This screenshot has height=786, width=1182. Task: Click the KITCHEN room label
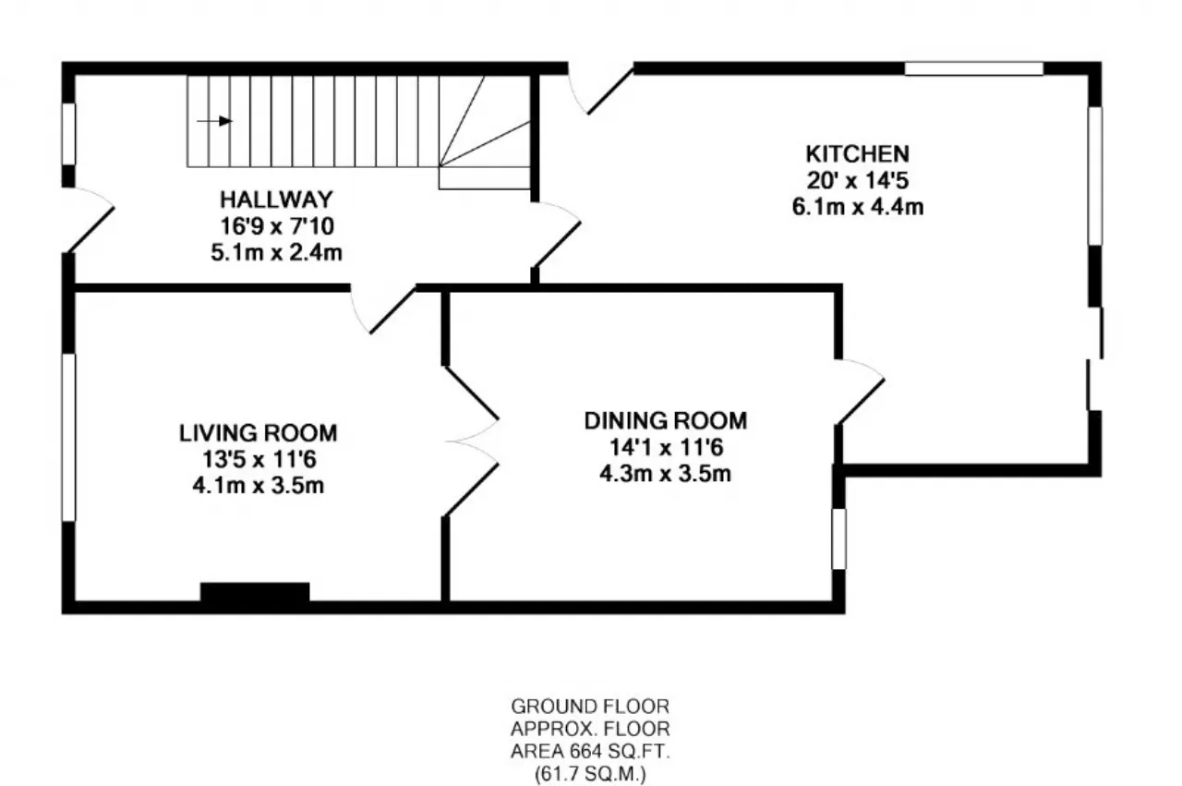point(858,154)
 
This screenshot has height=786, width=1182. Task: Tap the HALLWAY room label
point(276,200)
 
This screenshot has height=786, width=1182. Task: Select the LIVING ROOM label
point(258,433)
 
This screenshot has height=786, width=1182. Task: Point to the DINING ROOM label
point(666,421)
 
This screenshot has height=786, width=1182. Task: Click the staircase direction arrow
point(214,121)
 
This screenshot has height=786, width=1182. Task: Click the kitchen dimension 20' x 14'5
point(858,180)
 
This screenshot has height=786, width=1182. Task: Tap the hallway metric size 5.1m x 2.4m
point(276,252)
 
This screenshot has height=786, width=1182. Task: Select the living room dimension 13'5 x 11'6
point(259,459)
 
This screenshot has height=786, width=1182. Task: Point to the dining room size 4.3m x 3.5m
point(666,474)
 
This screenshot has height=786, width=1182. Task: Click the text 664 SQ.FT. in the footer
point(620,751)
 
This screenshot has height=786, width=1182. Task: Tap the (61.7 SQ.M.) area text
point(590,774)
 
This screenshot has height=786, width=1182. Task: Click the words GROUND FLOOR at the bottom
point(590,707)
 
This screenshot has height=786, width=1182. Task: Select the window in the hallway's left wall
point(68,134)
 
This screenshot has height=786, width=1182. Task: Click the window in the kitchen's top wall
point(974,68)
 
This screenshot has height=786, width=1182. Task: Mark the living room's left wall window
point(68,438)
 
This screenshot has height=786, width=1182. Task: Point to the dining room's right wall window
point(838,539)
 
